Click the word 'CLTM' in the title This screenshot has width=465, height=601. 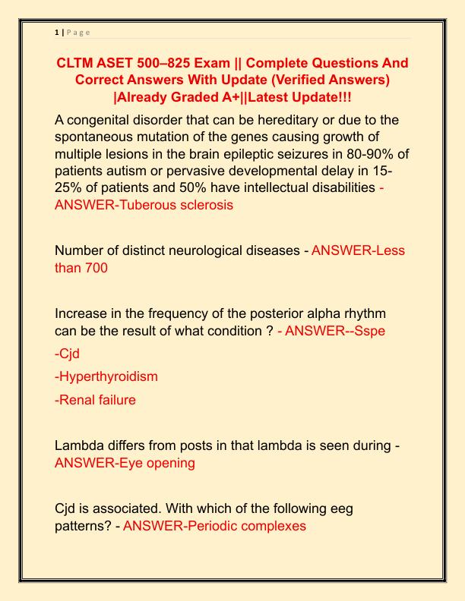tap(78, 63)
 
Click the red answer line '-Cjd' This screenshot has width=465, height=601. tap(69, 354)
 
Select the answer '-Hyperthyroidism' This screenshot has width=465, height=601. tap(106, 376)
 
